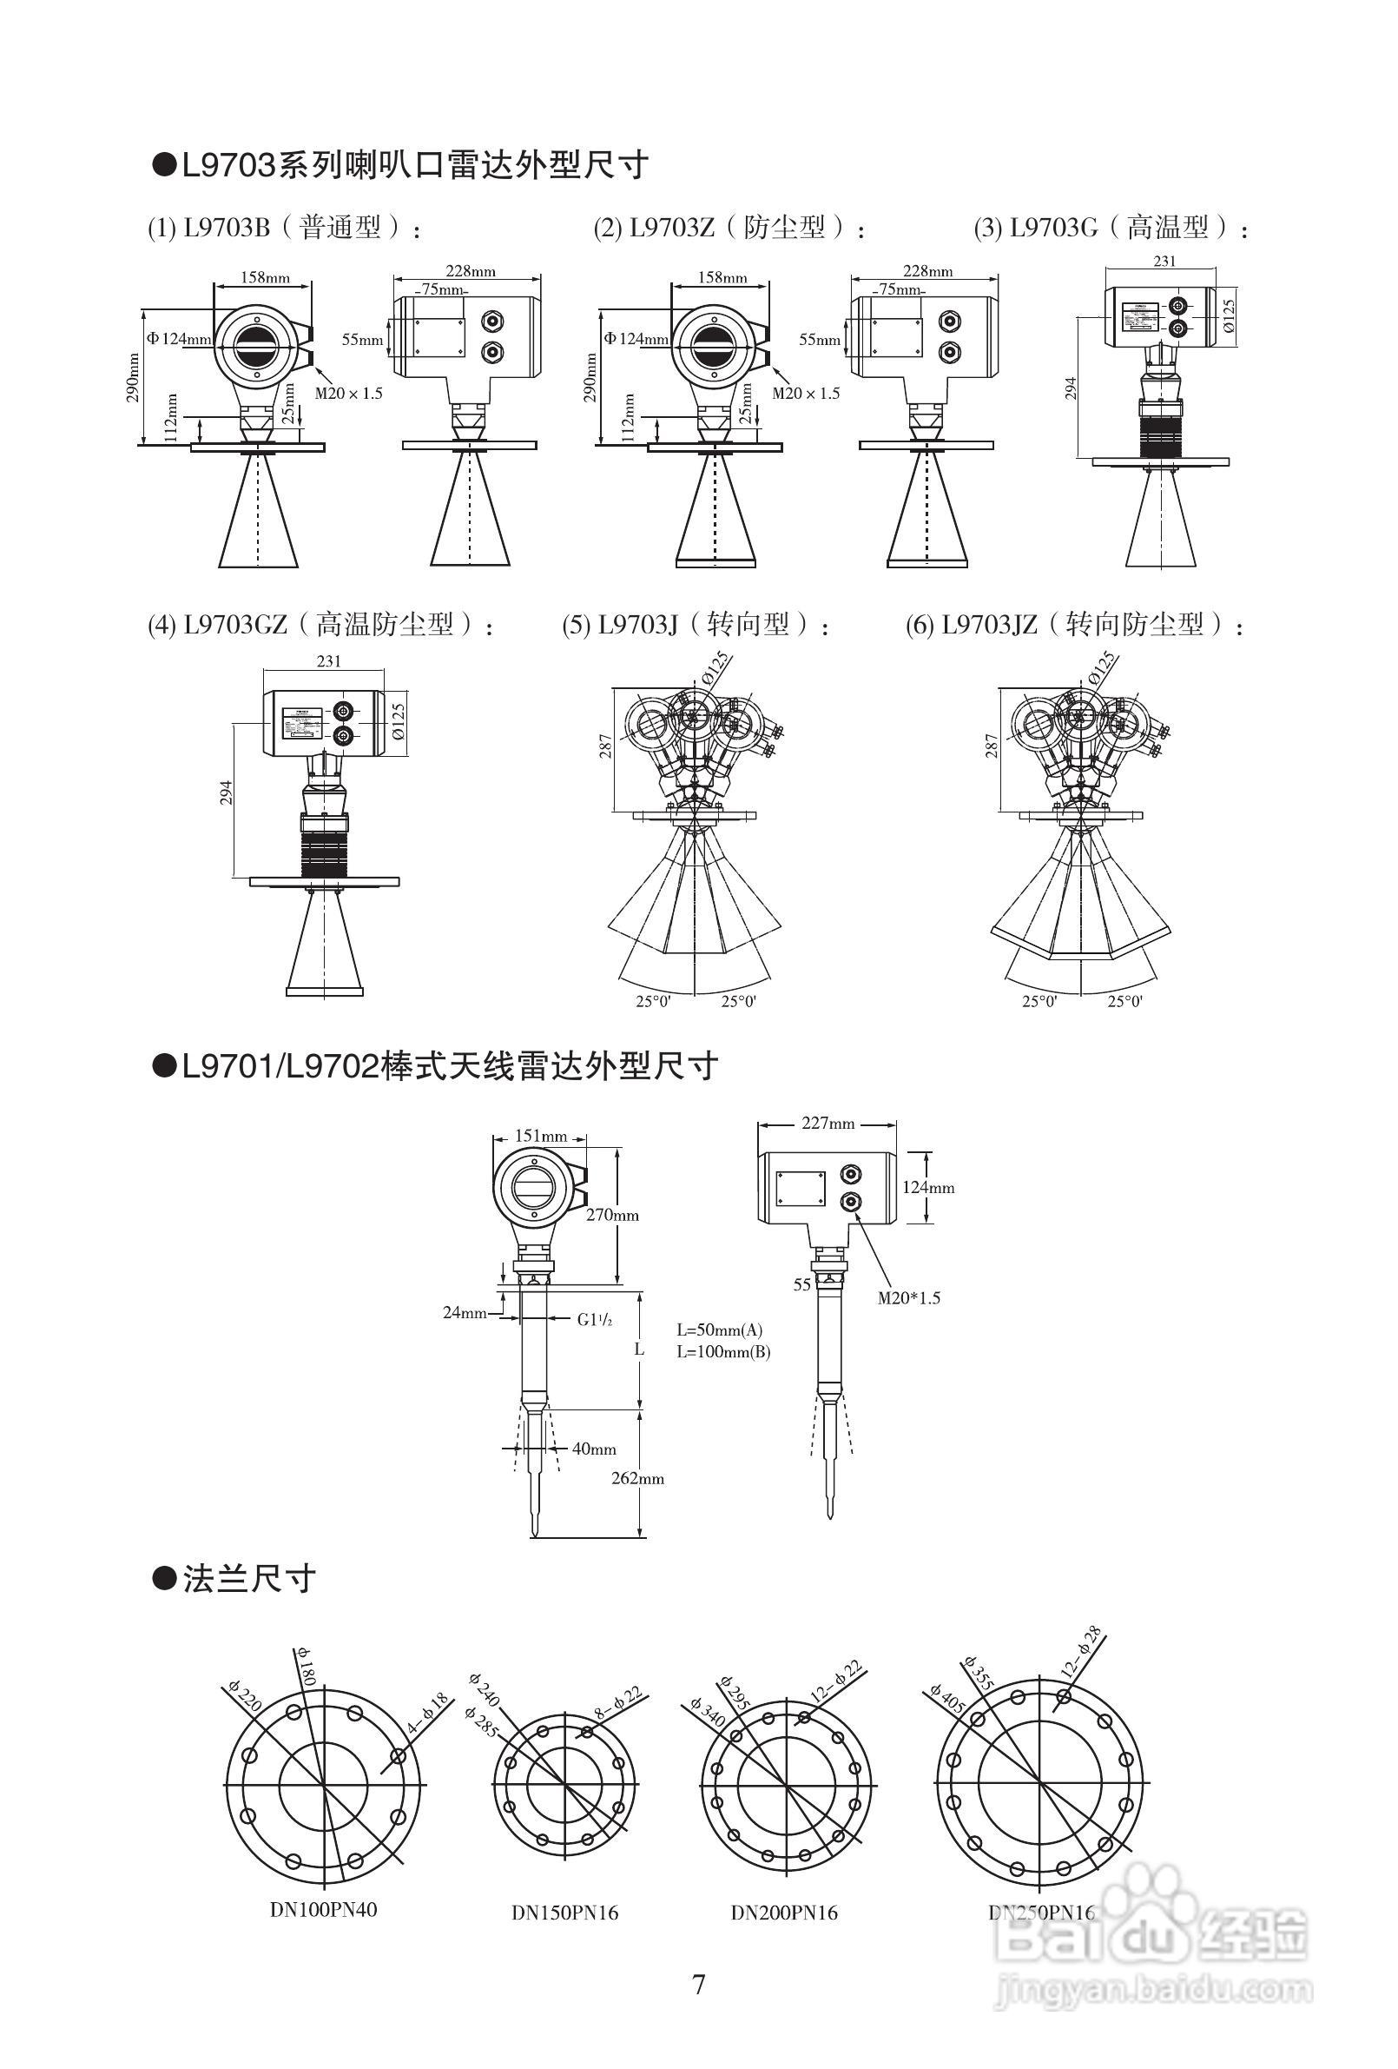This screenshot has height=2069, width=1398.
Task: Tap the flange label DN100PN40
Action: pyautogui.click(x=323, y=1910)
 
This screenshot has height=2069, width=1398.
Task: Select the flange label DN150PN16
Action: pyautogui.click(x=564, y=1913)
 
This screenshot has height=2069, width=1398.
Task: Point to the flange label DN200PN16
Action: pyautogui.click(x=784, y=1913)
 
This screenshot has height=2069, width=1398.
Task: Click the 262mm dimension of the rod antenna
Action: pyautogui.click(x=637, y=1479)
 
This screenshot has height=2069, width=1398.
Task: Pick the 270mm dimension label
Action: pyautogui.click(x=612, y=1215)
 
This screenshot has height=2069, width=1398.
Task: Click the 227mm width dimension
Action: pyautogui.click(x=828, y=1124)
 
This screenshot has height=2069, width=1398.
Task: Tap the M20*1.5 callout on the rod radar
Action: pyautogui.click(x=908, y=1298)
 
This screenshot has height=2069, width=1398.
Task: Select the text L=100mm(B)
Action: pyautogui.click(x=722, y=1352)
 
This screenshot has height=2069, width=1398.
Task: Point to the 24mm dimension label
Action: pyautogui.click(x=465, y=1312)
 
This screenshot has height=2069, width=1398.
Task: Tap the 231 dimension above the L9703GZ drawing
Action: pyautogui.click(x=328, y=661)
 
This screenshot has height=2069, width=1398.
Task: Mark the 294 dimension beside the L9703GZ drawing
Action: pyautogui.click(x=226, y=792)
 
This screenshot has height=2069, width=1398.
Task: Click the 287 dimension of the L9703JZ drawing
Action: pyautogui.click(x=992, y=746)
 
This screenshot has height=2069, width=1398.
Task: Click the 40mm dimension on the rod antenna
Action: pyautogui.click(x=594, y=1449)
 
